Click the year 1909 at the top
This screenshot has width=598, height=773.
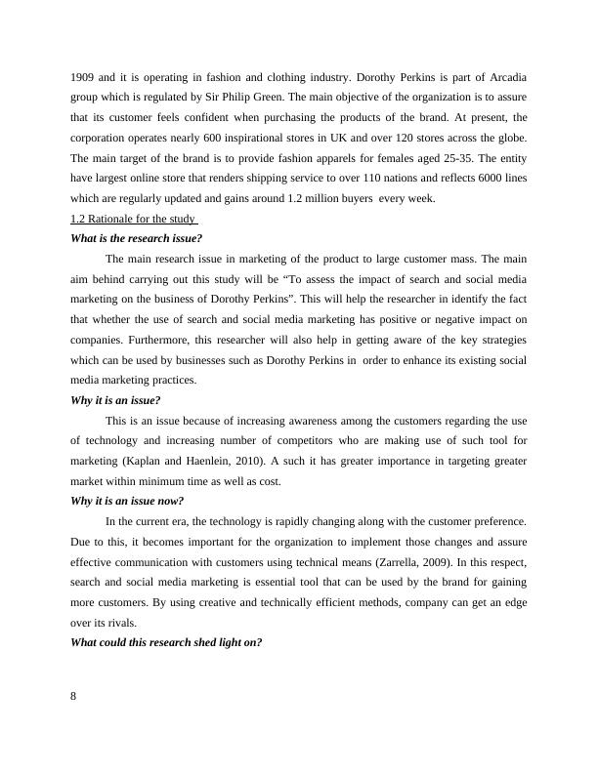[84, 77]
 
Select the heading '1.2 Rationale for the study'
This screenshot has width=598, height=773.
[135, 218]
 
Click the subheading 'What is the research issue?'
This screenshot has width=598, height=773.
[137, 238]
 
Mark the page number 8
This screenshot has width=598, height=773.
[75, 696]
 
